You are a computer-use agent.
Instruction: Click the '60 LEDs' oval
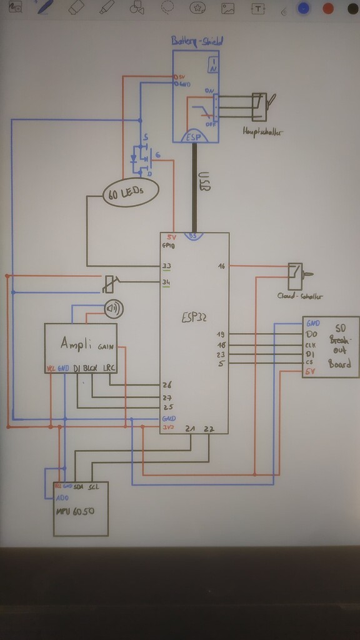click(x=130, y=192)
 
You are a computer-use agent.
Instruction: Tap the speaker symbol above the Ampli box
click(x=114, y=309)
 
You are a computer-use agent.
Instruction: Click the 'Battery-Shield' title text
click(x=197, y=41)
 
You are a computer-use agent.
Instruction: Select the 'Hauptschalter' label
click(x=260, y=132)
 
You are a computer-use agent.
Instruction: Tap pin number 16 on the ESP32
click(x=221, y=266)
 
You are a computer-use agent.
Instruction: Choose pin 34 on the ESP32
click(x=166, y=282)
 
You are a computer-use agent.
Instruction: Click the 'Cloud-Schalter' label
click(x=295, y=295)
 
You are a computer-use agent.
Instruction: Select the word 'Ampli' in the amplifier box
click(x=76, y=343)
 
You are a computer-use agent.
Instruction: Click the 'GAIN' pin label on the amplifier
click(x=106, y=345)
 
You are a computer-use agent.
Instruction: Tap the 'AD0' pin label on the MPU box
click(x=61, y=497)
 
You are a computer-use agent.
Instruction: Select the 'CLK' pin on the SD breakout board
click(x=311, y=345)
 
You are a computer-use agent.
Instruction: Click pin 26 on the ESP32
click(x=167, y=385)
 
